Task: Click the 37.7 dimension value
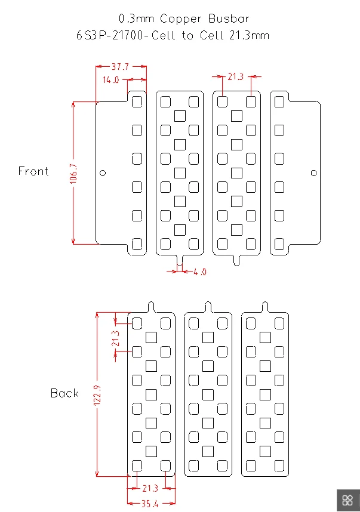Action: [120, 67]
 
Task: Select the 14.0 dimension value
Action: [110, 80]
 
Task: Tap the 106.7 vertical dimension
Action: [73, 174]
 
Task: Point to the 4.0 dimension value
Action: [200, 272]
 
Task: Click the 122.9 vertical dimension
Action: [97, 396]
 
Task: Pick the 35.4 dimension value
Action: [150, 504]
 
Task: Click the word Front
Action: [33, 171]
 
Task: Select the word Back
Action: [64, 393]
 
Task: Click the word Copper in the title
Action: [181, 19]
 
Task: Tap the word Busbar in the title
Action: [229, 18]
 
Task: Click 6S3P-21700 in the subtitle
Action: [110, 35]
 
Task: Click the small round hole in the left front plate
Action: [103, 172]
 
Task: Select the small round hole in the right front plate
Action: [313, 172]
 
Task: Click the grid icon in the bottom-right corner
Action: [348, 500]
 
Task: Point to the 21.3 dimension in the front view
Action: [236, 77]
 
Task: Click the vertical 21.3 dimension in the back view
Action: [115, 338]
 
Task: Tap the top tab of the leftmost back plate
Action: [151, 307]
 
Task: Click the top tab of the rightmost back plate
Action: [265, 307]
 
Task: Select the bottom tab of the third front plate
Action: [236, 260]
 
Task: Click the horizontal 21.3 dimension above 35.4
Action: [150, 489]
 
